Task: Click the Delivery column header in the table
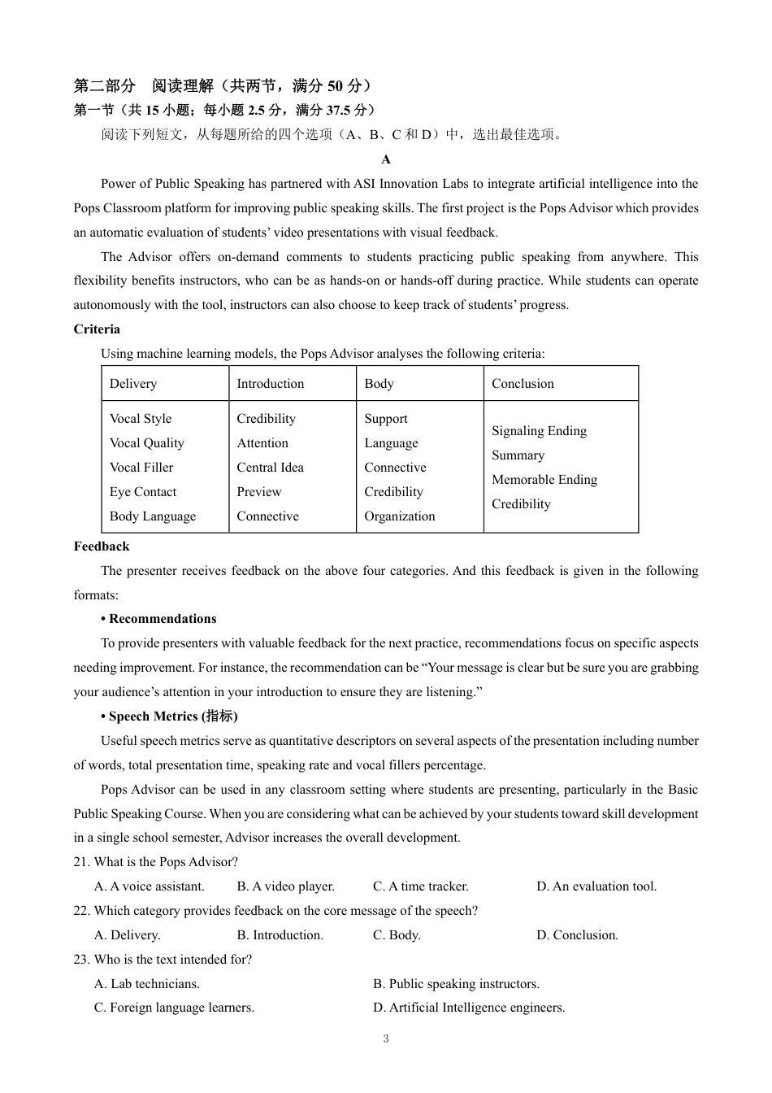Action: pos(133,384)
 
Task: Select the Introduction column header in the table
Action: pos(270,384)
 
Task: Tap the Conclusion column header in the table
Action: pos(523,384)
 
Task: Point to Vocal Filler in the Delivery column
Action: pos(141,468)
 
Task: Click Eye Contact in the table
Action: pos(143,492)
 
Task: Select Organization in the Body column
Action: pos(399,516)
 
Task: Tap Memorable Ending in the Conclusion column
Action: pos(544,480)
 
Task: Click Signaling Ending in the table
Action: pos(539,431)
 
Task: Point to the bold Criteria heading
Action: pos(97,329)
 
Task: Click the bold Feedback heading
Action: pos(102,546)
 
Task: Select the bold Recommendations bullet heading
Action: pos(158,619)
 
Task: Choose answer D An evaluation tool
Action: pos(596,886)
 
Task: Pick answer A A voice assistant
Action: pos(150,886)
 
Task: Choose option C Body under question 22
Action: pos(397,935)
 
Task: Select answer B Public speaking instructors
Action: pos(456,984)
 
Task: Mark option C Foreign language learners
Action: pos(174,1008)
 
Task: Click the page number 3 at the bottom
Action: pos(386,1039)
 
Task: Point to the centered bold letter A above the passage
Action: pos(386,159)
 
